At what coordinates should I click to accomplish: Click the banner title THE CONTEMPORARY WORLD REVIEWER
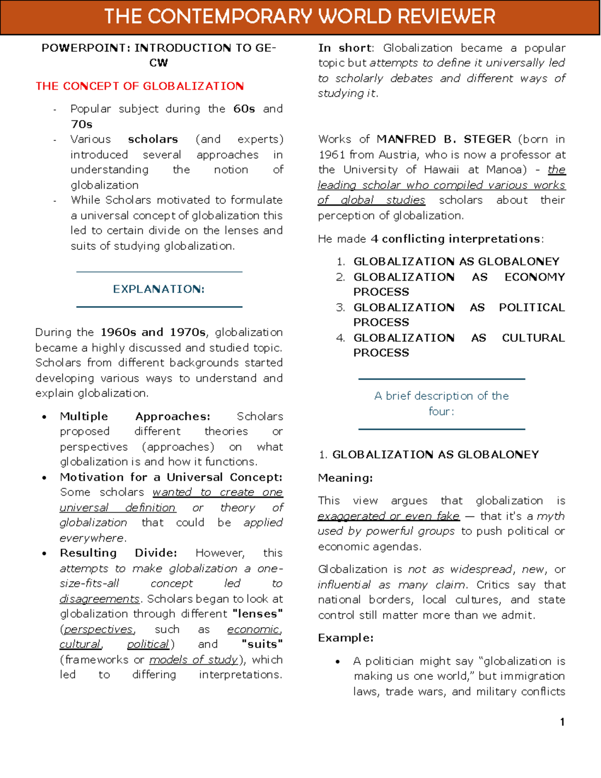point(299,17)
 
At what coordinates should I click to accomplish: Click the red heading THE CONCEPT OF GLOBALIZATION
point(140,86)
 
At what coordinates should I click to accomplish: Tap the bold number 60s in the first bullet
point(244,109)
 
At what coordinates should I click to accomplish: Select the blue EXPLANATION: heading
point(159,289)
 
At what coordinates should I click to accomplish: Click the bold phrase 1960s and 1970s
point(153,332)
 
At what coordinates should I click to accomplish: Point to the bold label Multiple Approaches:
point(135,416)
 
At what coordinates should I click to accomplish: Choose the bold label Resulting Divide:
point(118,553)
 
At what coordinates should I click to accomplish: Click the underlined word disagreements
point(100,599)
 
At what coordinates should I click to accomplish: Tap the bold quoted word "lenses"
point(257,614)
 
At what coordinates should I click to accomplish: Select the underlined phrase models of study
point(193,660)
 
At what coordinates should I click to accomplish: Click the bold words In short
point(345,48)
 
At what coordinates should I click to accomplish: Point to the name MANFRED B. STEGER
point(444,139)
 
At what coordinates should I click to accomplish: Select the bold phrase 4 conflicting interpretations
point(456,239)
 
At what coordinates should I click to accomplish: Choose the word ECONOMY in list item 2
point(534,277)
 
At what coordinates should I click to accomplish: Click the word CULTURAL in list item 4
point(533,338)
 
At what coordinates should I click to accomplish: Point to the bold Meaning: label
point(345,478)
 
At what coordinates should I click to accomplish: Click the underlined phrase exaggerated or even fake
point(388,516)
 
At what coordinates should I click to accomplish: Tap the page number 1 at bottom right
point(562,722)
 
